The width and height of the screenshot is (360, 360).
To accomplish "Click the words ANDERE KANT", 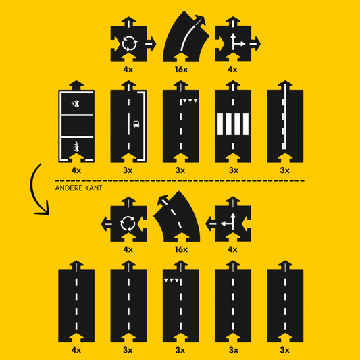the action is click(x=78, y=188).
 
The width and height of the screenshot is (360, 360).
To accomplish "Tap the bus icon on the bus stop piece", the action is click(x=136, y=124).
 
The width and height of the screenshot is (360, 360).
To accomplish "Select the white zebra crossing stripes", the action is click(x=233, y=124).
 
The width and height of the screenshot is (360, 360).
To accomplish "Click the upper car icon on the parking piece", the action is click(x=76, y=103).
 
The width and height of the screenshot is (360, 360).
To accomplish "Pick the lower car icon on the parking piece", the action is click(x=76, y=147).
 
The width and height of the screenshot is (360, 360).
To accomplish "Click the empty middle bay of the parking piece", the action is click(x=77, y=126).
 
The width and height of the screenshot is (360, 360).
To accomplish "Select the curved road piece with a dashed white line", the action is click(x=176, y=217).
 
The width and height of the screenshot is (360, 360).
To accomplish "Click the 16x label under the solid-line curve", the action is click(x=181, y=70).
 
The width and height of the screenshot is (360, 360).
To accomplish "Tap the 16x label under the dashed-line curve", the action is click(x=181, y=249).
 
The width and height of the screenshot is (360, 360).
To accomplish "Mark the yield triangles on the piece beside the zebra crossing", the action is click(x=190, y=101).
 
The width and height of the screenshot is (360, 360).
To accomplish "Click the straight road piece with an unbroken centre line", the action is click(x=285, y=121).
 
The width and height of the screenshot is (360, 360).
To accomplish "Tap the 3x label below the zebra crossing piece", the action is click(x=233, y=170).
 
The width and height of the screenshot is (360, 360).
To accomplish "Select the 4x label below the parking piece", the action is click(x=76, y=170).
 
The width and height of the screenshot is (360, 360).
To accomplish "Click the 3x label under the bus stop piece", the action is click(x=128, y=170).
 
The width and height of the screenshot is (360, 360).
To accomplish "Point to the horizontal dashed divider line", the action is click(x=180, y=181).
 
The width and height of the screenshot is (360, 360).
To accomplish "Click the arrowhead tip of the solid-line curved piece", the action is click(x=205, y=16).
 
